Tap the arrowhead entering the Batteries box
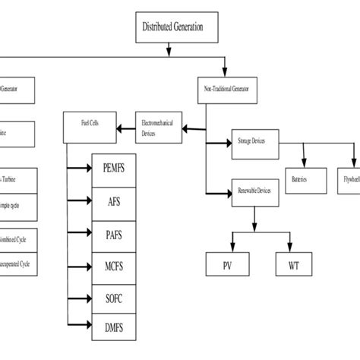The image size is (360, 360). [304, 167]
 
